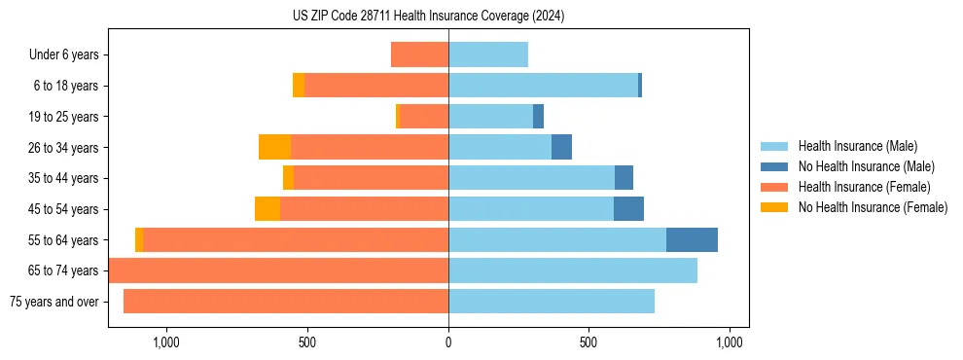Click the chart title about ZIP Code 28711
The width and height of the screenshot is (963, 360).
[x=428, y=17]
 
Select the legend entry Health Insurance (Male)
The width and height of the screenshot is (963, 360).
[x=857, y=146]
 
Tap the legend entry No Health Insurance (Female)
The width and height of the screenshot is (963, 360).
[x=873, y=207]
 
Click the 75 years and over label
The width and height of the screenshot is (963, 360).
[x=53, y=302]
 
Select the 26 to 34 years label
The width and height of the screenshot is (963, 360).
[x=64, y=148]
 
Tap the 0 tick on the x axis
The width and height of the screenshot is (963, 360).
[x=448, y=342]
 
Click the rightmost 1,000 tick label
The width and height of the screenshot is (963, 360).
[x=730, y=342]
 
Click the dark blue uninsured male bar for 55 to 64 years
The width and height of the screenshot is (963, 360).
[x=692, y=240]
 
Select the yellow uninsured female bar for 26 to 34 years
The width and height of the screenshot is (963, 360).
[x=275, y=148]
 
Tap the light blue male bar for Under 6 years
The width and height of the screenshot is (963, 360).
[x=488, y=55]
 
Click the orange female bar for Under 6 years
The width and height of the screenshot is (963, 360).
[x=419, y=55]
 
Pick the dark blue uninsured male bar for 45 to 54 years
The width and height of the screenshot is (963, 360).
[x=628, y=209]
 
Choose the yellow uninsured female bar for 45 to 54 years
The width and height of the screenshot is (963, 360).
[x=267, y=209]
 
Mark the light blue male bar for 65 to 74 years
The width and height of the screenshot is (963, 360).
[x=573, y=270]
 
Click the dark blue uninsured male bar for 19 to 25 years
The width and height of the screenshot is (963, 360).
[x=538, y=117]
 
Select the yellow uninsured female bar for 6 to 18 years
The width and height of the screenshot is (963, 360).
[x=299, y=86]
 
